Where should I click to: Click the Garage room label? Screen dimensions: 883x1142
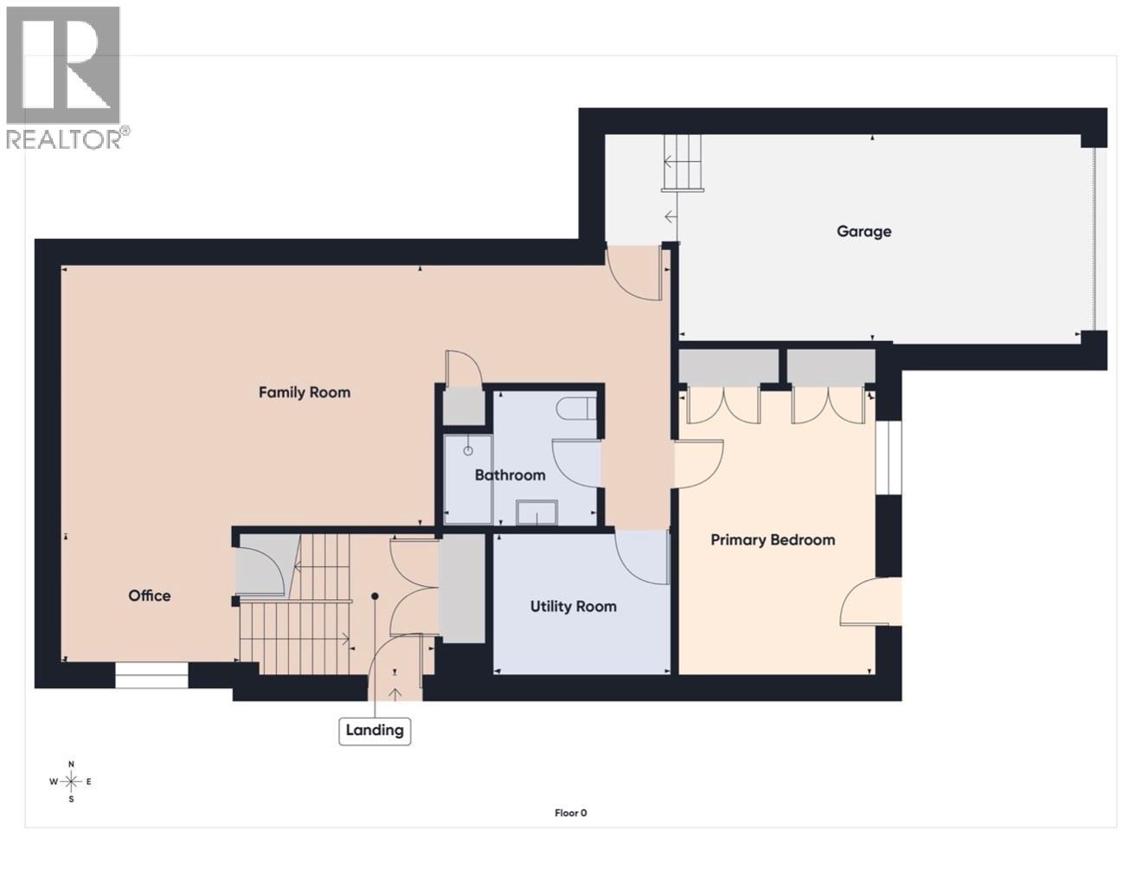click(863, 231)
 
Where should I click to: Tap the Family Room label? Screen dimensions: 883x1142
click(305, 392)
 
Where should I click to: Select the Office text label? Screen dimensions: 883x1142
click(150, 596)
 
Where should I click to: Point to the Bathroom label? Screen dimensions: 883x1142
click(510, 474)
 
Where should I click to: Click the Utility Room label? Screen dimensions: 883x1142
click(573, 606)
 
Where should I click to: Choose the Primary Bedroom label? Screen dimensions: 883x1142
click(773, 539)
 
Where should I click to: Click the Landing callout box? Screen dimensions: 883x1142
click(375, 730)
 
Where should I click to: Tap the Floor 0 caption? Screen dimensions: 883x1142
click(570, 813)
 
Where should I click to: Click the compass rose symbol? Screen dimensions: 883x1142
click(71, 781)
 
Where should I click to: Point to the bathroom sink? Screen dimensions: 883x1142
click(537, 513)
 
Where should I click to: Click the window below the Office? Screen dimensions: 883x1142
click(151, 675)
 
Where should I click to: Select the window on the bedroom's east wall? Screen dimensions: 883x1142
click(889, 458)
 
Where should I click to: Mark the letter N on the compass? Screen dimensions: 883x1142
click(71, 764)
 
